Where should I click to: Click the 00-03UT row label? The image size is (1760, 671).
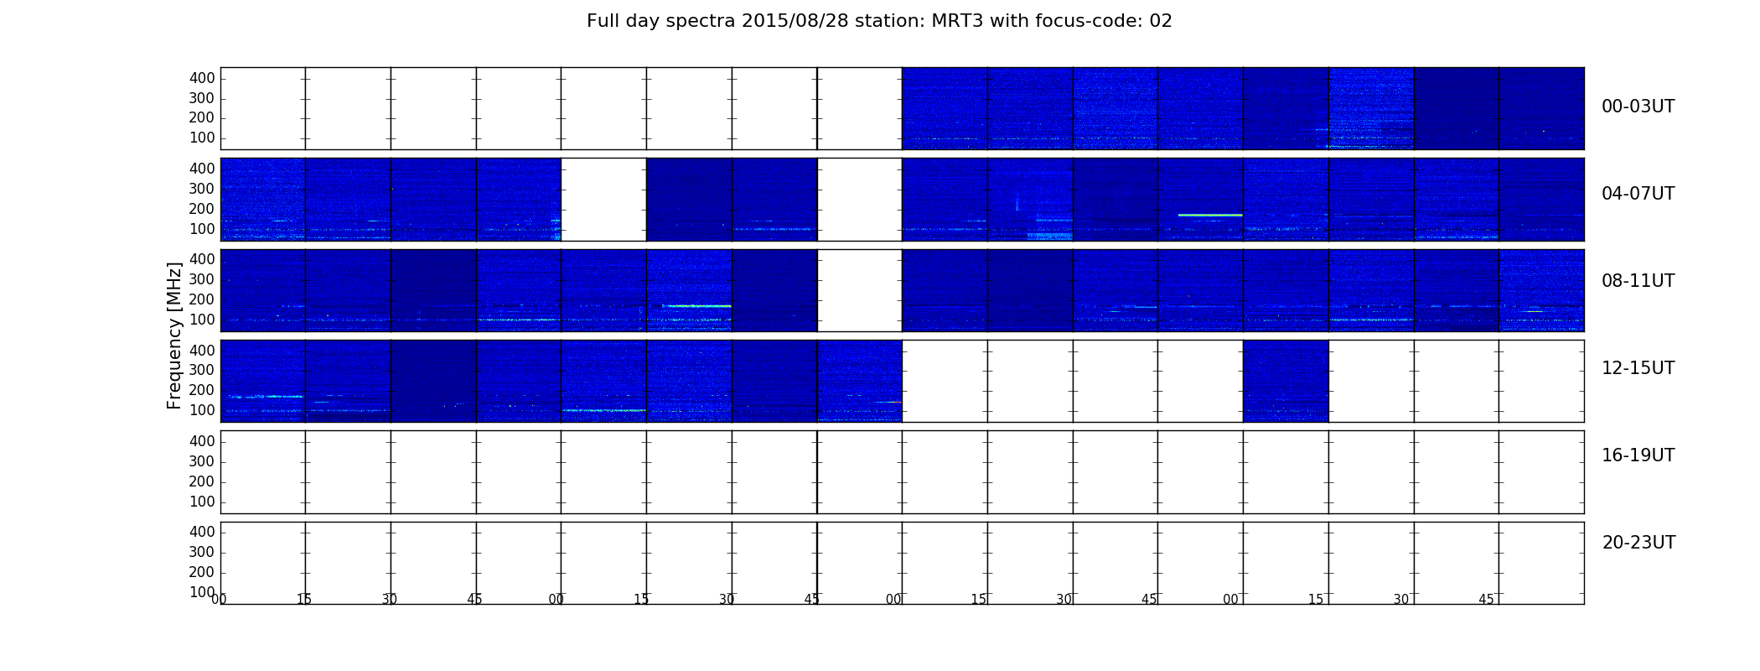click(x=1638, y=107)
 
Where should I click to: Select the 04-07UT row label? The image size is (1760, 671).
click(x=1638, y=194)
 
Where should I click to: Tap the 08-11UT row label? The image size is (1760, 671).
click(x=1638, y=281)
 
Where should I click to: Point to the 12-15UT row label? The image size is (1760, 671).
click(x=1638, y=368)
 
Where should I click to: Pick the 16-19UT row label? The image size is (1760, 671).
click(x=1638, y=455)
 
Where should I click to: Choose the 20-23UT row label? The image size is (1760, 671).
click(x=1638, y=543)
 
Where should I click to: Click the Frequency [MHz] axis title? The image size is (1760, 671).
click(x=174, y=335)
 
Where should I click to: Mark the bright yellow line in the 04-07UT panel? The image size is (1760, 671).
click(x=1210, y=216)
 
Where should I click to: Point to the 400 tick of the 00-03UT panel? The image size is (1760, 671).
click(x=202, y=78)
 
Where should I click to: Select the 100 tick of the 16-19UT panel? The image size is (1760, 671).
click(x=202, y=502)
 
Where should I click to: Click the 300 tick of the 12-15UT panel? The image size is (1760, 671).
click(x=202, y=370)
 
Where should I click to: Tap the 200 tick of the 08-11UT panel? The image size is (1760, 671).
click(x=202, y=299)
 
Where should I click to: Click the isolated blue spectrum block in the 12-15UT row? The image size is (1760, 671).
click(x=1286, y=381)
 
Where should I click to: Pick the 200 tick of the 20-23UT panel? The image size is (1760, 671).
click(x=202, y=572)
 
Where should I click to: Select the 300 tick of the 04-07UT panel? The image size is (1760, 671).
click(x=202, y=189)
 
